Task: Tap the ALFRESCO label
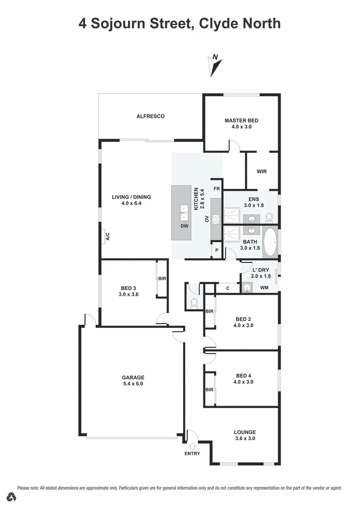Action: tap(150, 116)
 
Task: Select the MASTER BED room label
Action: tap(241, 120)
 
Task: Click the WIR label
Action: tap(262, 171)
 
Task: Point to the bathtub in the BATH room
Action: tap(271, 242)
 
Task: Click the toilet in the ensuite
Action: tap(270, 217)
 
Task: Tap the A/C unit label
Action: tap(108, 236)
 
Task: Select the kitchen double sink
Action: tap(184, 212)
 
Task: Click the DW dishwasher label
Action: tap(184, 226)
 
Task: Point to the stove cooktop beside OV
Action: tap(216, 219)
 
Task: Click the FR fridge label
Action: tap(217, 189)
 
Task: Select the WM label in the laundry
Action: tap(264, 288)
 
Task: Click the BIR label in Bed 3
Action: tap(162, 279)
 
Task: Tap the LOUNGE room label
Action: tap(245, 432)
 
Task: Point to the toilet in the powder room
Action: tap(194, 303)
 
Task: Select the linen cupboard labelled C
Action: tap(228, 288)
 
